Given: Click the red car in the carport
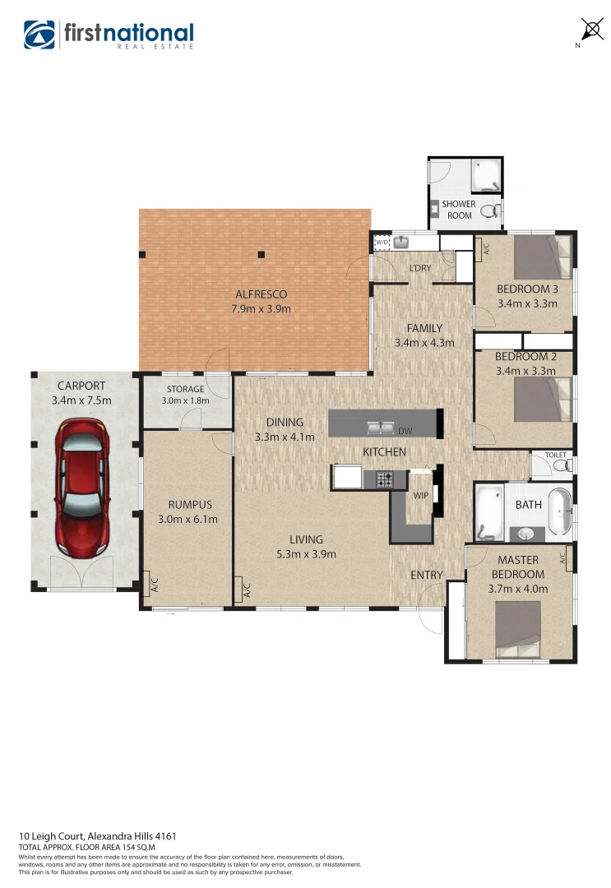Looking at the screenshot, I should click(81, 486).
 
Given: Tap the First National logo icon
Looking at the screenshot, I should click(39, 34).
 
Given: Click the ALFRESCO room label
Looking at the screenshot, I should click(262, 294).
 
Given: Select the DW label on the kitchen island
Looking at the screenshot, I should click(405, 431).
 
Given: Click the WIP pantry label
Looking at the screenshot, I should click(420, 496).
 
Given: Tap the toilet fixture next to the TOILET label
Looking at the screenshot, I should click(562, 466).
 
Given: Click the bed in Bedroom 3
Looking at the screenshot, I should click(541, 257).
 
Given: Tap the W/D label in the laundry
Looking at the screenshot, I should click(382, 243).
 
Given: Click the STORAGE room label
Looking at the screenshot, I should click(185, 389).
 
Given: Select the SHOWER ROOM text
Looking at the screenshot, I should click(459, 210).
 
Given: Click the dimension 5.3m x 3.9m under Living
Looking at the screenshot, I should click(305, 553).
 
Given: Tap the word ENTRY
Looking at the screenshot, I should click(426, 575).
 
